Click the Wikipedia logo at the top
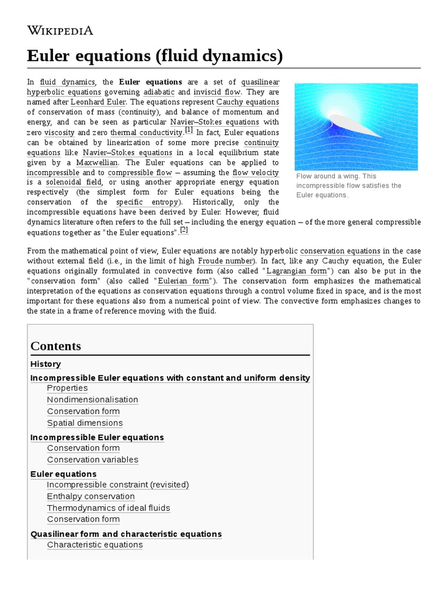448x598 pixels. (x=60, y=30)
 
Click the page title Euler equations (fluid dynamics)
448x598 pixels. (x=155, y=56)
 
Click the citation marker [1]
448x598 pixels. (x=189, y=130)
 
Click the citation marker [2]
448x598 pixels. (x=184, y=230)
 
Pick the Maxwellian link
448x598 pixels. (x=97, y=162)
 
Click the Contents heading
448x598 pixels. (x=55, y=346)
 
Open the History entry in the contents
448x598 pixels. (x=45, y=364)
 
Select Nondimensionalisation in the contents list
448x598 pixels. (x=92, y=399)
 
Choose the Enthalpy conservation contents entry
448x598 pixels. (x=90, y=496)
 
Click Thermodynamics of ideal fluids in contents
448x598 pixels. (x=108, y=508)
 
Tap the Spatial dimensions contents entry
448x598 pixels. (x=85, y=423)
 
